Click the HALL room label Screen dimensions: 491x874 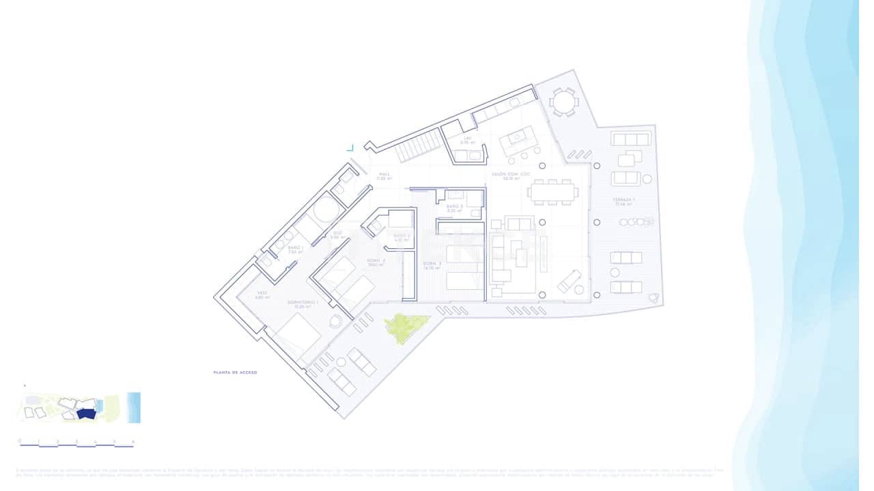pos(385,176)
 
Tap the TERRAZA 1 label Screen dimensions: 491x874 pos(624,201)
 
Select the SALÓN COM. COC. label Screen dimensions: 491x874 pos(507,176)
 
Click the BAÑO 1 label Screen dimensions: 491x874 pos(295,249)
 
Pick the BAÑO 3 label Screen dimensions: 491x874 pos(455,208)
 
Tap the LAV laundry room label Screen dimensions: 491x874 pos(468,140)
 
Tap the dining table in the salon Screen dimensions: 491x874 pos(553,192)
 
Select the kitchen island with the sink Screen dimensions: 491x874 pos(518,142)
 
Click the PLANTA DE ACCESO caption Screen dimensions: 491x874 pos(236,372)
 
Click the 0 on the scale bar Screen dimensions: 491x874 pos(20,441)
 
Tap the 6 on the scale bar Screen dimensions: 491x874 pos(133,441)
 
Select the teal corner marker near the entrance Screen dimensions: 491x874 pos(350,147)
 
